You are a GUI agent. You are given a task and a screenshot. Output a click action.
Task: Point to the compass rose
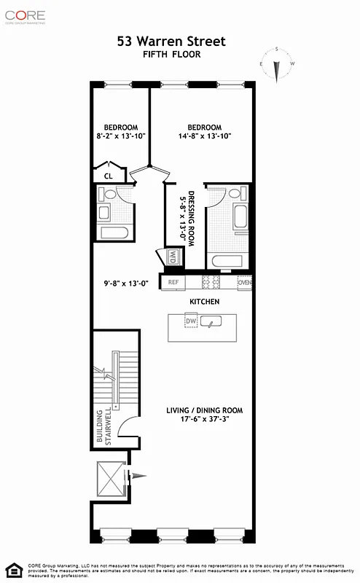click(276, 65)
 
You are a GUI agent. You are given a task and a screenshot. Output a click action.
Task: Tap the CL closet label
click(108, 176)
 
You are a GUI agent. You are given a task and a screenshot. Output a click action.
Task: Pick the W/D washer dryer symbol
click(172, 257)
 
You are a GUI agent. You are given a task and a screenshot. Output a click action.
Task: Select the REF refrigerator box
click(173, 282)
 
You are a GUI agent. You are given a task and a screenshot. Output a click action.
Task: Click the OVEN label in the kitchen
click(245, 282)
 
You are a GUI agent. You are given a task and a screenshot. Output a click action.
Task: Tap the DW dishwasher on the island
click(191, 321)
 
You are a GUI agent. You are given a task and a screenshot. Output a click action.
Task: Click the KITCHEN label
click(205, 302)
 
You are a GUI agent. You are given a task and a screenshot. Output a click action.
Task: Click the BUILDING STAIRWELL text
click(104, 426)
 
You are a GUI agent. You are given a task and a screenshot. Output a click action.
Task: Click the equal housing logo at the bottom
click(12, 569)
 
